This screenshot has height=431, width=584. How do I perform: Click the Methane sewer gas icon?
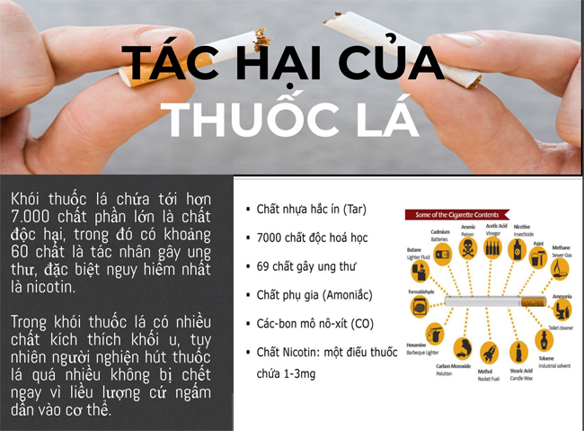pyautogui.click(x=561, y=269)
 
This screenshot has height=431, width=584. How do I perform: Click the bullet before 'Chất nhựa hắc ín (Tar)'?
pyautogui.click(x=247, y=210)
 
